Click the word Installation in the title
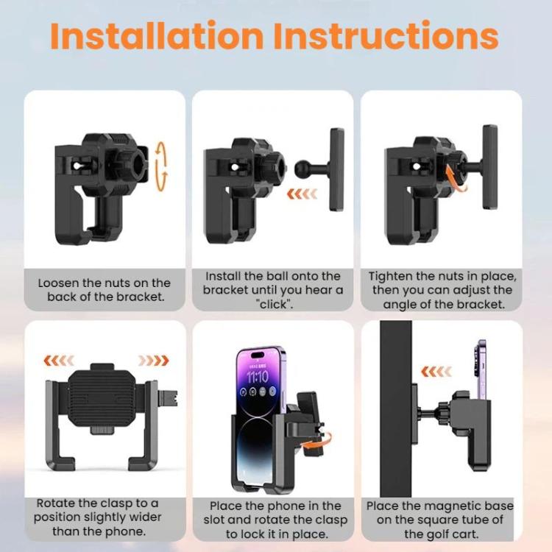(157, 35)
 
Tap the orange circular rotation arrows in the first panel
(161, 166)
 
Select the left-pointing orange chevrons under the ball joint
(302, 194)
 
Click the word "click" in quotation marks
(275, 304)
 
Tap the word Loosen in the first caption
(58, 283)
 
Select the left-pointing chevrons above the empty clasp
(59, 361)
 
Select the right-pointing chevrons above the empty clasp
(154, 361)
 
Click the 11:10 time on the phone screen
(258, 377)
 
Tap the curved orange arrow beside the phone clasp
(317, 442)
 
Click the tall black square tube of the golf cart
(396, 408)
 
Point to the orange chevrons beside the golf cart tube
(436, 371)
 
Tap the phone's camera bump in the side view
(479, 360)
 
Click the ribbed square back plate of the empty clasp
(102, 397)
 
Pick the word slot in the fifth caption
(214, 520)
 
